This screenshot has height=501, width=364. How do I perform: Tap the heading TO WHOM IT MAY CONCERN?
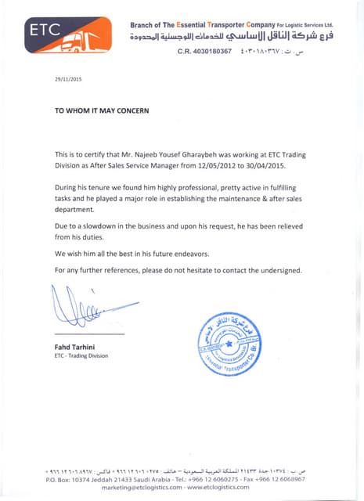tap(101, 110)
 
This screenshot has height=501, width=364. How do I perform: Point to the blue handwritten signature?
tap(86, 310)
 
